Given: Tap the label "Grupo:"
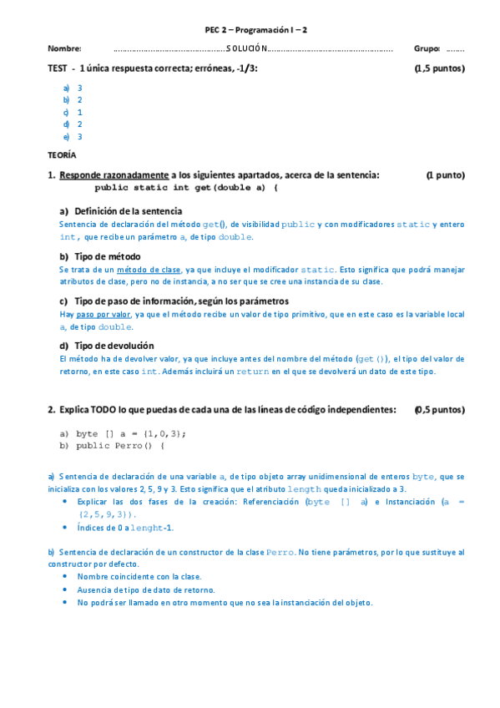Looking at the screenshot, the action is [x=427, y=48].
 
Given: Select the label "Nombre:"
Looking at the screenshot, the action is [x=64, y=48].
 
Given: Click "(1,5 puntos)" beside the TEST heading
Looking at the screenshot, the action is [x=439, y=68].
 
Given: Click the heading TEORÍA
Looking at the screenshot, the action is [x=62, y=155].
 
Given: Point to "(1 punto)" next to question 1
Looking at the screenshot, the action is [x=445, y=175].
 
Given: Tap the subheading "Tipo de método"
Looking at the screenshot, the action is [x=108, y=256].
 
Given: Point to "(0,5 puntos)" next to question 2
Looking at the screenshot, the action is [x=439, y=410].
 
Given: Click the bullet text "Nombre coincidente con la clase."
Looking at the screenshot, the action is [x=139, y=576].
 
